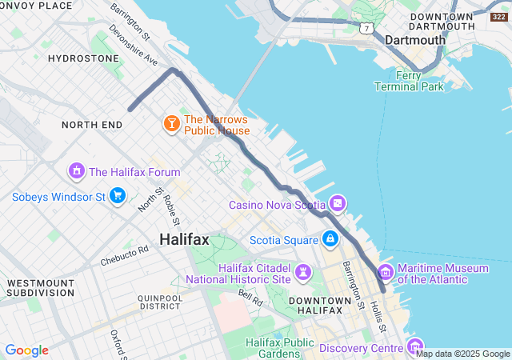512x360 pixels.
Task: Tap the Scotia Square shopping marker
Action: coord(330,239)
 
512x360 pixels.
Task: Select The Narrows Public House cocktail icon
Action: coord(171,125)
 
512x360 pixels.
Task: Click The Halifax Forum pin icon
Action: coord(76,171)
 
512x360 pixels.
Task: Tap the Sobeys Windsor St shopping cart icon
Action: coord(118,196)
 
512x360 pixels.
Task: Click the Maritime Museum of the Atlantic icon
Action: coord(386,273)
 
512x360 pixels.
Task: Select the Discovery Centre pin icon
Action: coord(415,347)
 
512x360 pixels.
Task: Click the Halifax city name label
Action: coord(184,239)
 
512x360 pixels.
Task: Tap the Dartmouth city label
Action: coord(414,40)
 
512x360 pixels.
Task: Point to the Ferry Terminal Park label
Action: coord(409,81)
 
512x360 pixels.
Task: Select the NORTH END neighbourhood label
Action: coord(92,125)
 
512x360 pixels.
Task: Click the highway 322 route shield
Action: coord(498,17)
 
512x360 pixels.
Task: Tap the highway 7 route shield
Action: coord(366,29)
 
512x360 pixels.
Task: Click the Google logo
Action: coord(26,350)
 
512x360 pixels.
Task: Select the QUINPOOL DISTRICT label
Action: coord(159,301)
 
